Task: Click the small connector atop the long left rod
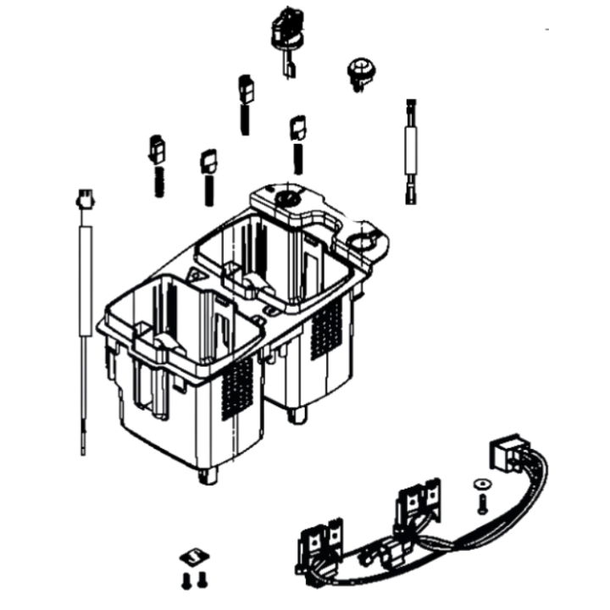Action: pyautogui.click(x=85, y=200)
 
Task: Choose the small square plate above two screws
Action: pyautogui.click(x=194, y=557)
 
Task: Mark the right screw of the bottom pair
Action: pyautogui.click(x=202, y=579)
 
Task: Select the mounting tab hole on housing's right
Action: pyautogui.click(x=369, y=241)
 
